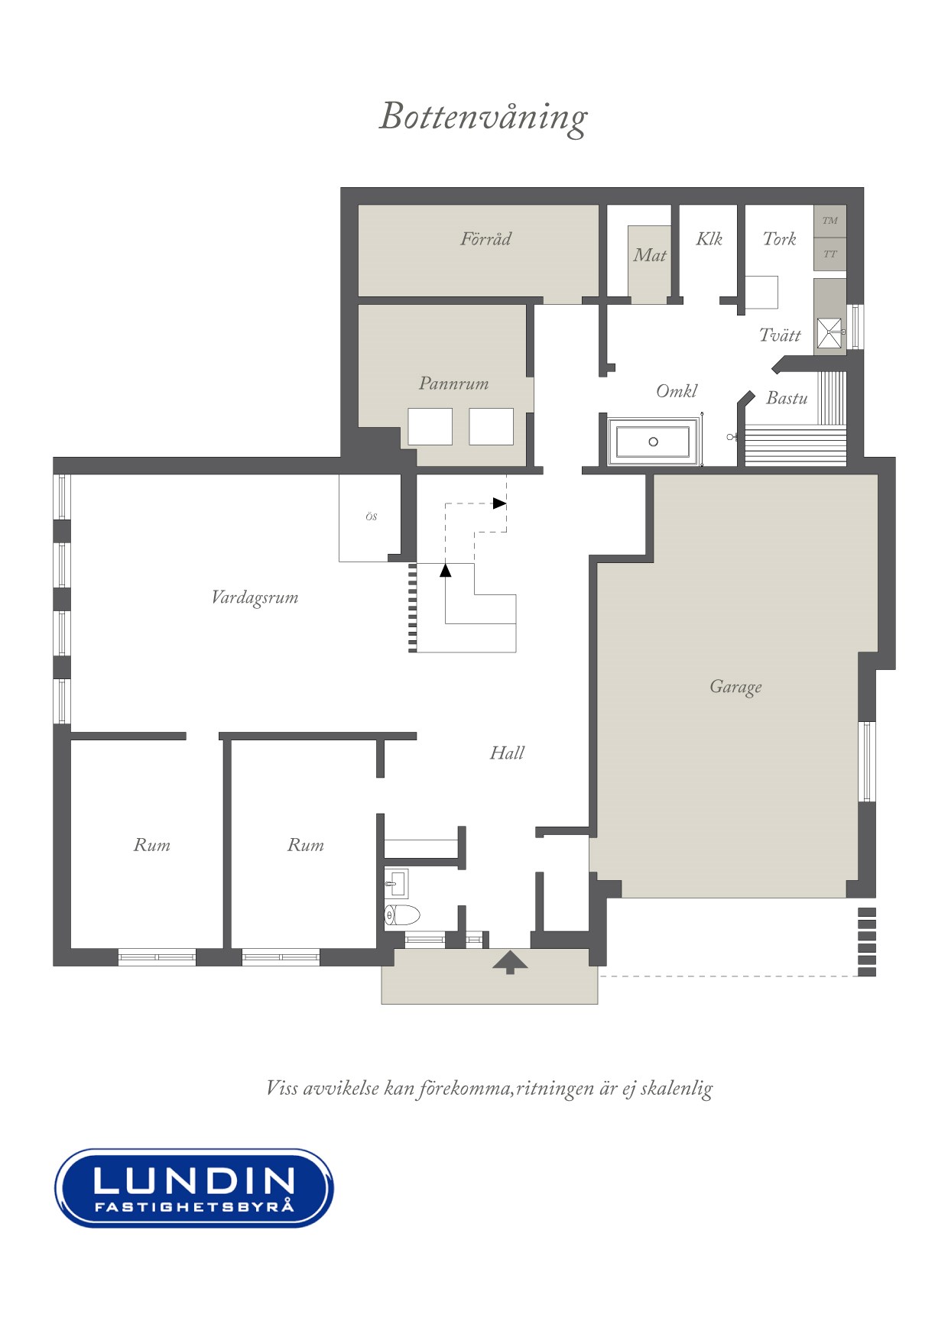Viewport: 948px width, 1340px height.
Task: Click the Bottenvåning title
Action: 483,118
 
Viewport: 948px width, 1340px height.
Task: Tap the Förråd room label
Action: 485,239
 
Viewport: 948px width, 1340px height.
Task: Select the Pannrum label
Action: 453,384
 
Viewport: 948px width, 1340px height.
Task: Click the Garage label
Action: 735,687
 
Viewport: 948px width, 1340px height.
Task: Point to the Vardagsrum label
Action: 255,597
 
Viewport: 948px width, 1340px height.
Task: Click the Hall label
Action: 507,753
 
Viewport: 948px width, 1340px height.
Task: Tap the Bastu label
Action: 787,398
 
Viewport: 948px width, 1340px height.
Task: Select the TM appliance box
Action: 830,221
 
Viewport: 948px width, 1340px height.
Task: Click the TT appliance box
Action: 830,254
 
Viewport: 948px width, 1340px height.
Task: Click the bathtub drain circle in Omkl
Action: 653,442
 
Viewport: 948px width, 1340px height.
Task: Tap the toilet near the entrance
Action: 402,914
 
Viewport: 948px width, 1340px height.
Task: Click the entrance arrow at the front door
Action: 510,962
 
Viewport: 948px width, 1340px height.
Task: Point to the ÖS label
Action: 371,517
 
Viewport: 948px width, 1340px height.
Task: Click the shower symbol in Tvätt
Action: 829,333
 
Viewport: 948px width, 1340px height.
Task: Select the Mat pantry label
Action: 649,255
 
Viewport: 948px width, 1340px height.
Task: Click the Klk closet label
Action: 709,239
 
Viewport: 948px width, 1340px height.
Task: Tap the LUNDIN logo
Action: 194,1188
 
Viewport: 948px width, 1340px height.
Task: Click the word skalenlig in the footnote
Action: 677,1088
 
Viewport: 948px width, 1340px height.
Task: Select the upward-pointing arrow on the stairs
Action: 446,569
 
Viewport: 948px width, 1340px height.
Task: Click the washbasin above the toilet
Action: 395,884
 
